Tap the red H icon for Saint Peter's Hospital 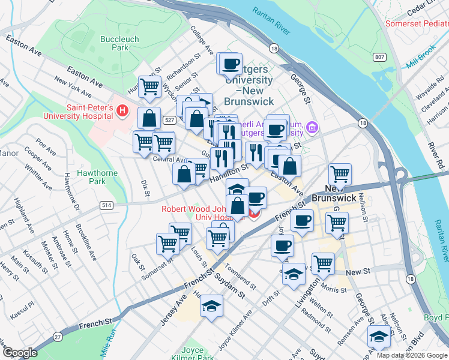pyautogui.click(x=123, y=110)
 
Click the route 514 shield pyautogui.click(x=106, y=205)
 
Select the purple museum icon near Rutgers pyautogui.click(x=311, y=127)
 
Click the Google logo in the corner pyautogui.click(x=20, y=353)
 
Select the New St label pyautogui.click(x=358, y=272)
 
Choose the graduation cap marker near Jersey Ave pyautogui.click(x=211, y=307)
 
